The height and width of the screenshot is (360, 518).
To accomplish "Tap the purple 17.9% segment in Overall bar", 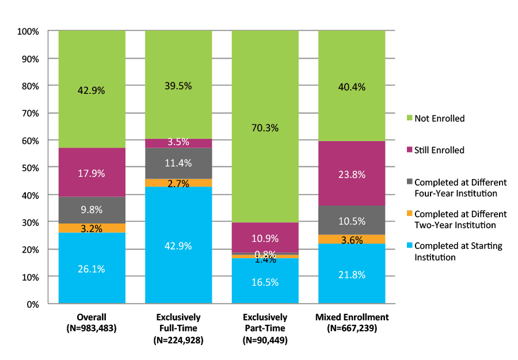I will coord(92,172).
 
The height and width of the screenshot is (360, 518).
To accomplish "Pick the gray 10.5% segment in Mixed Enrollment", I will coord(352,220).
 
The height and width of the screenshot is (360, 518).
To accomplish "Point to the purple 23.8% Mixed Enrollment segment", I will coord(352,173).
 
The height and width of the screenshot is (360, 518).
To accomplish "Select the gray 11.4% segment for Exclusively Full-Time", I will coord(178,163).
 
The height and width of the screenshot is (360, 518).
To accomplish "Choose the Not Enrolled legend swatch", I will coord(409,118).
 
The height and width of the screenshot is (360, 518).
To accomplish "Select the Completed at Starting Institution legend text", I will coord(458,251).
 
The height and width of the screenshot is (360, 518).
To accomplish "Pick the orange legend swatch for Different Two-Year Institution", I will coord(409,214).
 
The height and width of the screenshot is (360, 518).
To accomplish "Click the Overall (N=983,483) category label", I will coord(92,323).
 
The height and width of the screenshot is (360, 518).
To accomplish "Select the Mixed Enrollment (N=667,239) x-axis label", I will coord(352,323).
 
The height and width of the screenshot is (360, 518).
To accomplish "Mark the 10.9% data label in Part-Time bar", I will coord(265,238).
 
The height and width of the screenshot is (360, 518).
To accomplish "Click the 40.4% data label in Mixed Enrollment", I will coord(352,87).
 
